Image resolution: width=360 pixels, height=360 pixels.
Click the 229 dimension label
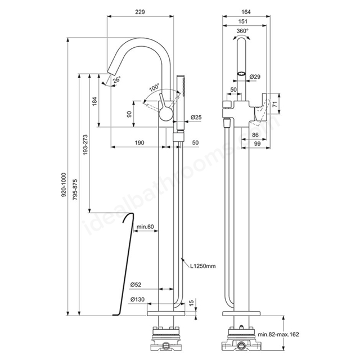(x=140, y=12)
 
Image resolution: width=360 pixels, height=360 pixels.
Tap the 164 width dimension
(x=246, y=12)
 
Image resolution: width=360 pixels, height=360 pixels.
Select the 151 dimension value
(x=243, y=21)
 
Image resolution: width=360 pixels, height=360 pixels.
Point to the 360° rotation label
(x=242, y=31)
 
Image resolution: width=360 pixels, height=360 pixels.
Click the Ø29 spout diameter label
(x=255, y=76)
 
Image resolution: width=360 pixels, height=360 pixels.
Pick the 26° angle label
(x=116, y=80)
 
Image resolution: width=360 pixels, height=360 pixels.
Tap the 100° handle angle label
(x=154, y=88)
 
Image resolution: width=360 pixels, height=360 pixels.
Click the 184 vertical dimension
(x=94, y=101)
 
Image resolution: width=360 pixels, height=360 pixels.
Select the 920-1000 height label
(x=64, y=184)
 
